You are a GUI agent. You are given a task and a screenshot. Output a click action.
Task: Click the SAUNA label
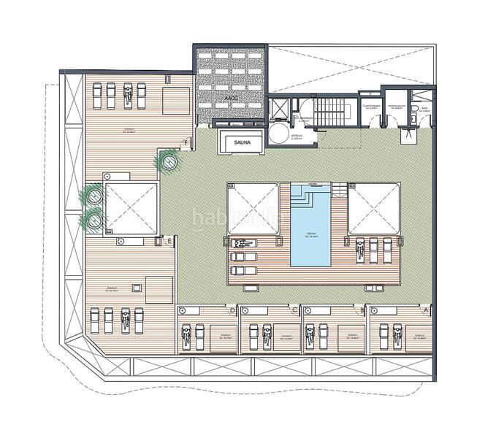pos(243,144)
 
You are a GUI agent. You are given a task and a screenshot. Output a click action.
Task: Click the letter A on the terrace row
pos(426,309)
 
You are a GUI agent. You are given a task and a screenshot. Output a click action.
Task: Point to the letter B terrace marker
pos(363,309)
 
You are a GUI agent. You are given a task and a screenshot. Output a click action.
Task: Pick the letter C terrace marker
pos(295,310)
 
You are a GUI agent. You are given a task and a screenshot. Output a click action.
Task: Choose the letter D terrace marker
pos(232,310)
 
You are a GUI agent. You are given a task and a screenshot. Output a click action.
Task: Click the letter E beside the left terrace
pos(169,241)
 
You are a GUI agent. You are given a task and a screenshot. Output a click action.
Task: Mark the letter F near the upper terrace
pos(188,142)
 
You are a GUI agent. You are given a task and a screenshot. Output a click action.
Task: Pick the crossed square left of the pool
pos(253,209)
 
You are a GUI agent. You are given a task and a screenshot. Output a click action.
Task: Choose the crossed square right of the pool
pos(374,209)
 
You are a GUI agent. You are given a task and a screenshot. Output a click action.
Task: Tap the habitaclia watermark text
pos(226,217)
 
